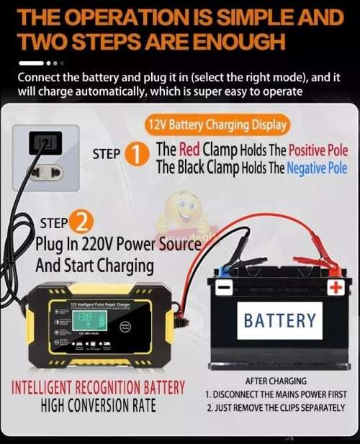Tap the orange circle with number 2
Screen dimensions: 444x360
[83, 223]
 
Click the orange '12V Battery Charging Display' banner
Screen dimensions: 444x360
[216, 124]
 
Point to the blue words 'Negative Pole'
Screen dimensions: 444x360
[317, 168]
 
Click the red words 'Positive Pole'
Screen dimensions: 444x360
[318, 150]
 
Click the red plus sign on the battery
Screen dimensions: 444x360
[335, 288]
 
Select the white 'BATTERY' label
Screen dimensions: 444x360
[279, 320]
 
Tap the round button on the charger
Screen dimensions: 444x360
[126, 325]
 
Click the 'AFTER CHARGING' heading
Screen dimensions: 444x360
[276, 381]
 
